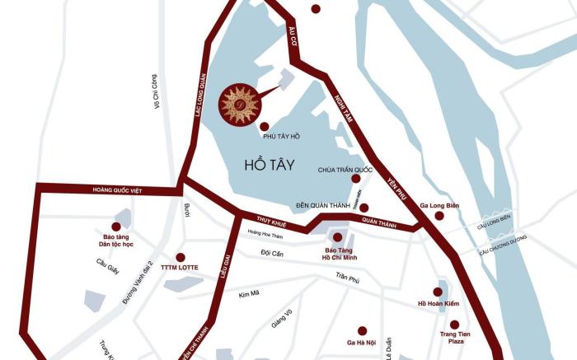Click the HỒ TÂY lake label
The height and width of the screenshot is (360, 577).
click(270, 164)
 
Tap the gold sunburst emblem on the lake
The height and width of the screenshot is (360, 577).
click(239, 105)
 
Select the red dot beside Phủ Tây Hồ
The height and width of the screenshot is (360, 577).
click(264, 126)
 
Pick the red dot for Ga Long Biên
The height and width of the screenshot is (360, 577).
click(439, 216)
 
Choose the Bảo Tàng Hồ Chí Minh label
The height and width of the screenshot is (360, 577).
click(336, 254)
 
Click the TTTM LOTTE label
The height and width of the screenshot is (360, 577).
click(181, 268)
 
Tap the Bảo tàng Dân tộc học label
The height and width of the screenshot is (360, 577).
click(116, 241)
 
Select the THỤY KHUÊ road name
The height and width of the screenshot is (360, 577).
click(270, 220)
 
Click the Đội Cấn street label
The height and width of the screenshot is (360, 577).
click(271, 253)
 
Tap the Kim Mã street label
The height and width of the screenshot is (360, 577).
click(249, 294)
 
